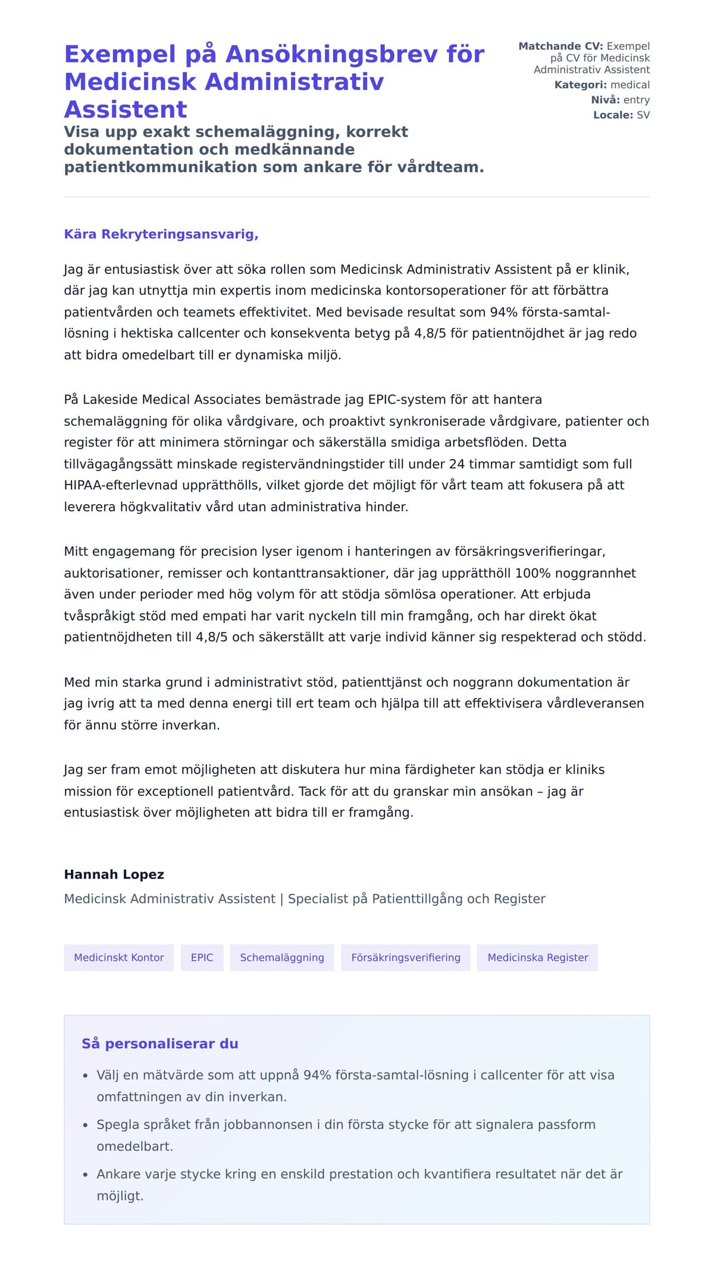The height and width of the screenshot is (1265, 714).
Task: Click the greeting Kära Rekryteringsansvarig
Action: tap(161, 234)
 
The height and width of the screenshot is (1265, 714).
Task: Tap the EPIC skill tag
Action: tap(202, 958)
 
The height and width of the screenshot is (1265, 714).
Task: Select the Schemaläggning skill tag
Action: tap(282, 958)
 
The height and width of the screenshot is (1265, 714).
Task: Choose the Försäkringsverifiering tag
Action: tap(405, 958)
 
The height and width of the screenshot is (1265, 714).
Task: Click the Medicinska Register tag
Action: tap(537, 958)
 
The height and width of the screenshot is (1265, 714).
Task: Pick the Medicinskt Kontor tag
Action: tap(118, 958)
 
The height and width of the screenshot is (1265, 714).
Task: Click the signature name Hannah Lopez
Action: tap(114, 874)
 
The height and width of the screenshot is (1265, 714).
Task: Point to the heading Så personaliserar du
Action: tap(159, 1044)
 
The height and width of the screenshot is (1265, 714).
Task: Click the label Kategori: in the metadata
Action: tap(581, 85)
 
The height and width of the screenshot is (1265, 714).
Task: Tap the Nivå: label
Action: tap(605, 100)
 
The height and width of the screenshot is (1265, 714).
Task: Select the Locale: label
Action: tap(613, 115)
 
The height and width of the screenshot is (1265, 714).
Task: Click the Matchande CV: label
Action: tap(560, 46)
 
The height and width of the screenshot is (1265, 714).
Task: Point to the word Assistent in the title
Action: tap(126, 110)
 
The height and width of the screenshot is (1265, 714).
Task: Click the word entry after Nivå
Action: tap(636, 100)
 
